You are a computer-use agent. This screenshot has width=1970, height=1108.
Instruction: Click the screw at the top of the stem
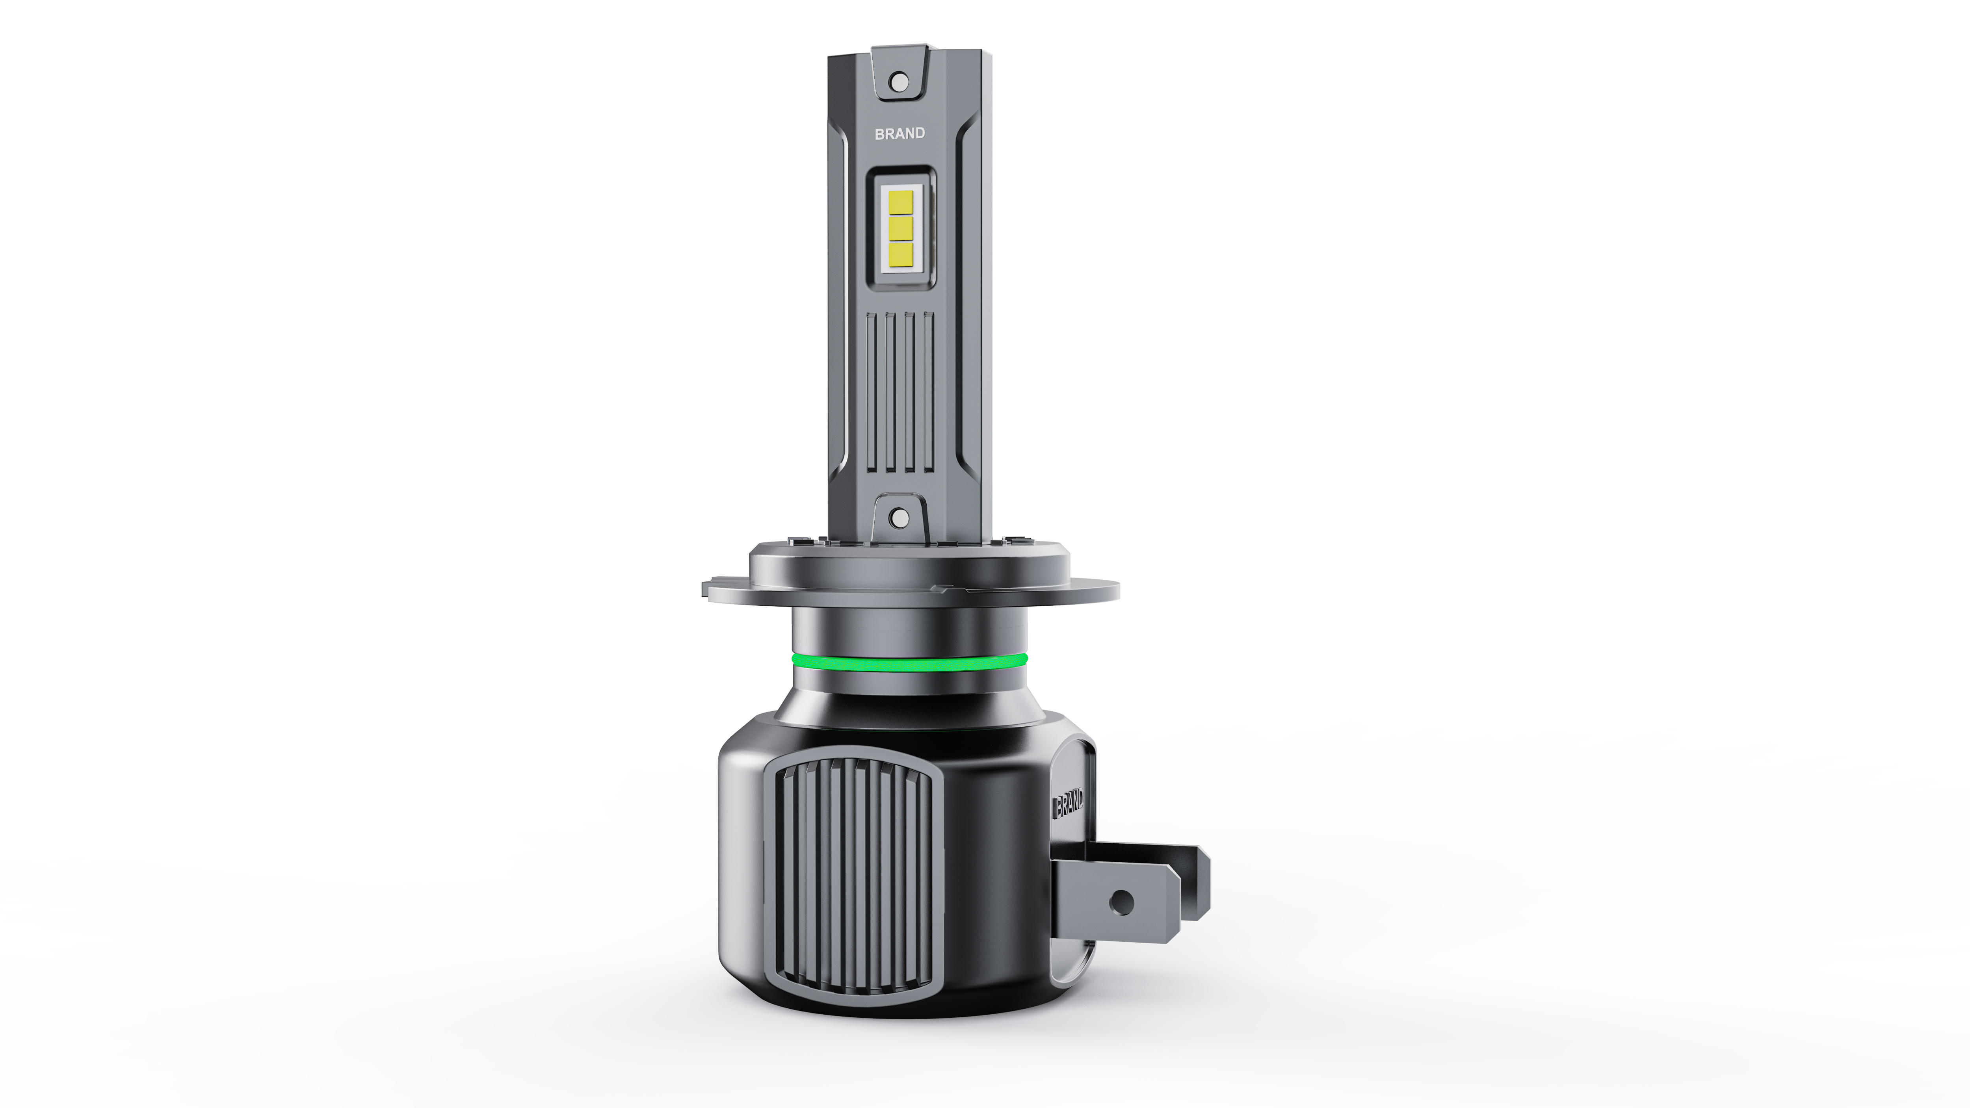[900, 80]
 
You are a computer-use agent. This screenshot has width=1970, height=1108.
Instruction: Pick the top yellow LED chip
[901, 202]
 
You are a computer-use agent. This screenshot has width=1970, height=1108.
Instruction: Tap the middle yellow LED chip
[901, 227]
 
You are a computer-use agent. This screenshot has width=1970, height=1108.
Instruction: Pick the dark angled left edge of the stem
[837, 306]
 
